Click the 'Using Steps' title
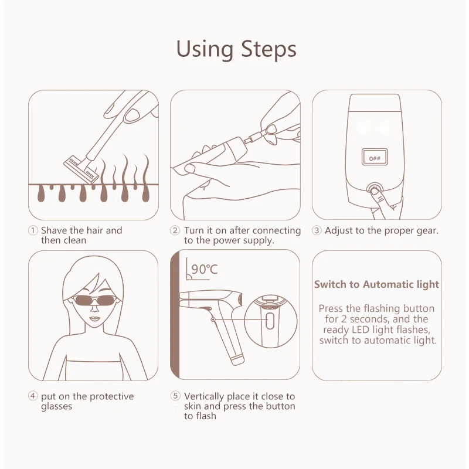(236, 49)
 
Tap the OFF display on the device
(373, 158)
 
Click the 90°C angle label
(203, 269)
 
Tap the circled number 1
(33, 230)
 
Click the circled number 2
(175, 230)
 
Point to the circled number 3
(317, 230)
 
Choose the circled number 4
(33, 397)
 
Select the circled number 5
(175, 397)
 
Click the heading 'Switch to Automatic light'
(376, 284)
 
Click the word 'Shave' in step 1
(54, 230)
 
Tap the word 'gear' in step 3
(426, 230)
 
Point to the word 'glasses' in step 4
(56, 406)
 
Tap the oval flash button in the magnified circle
(270, 321)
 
